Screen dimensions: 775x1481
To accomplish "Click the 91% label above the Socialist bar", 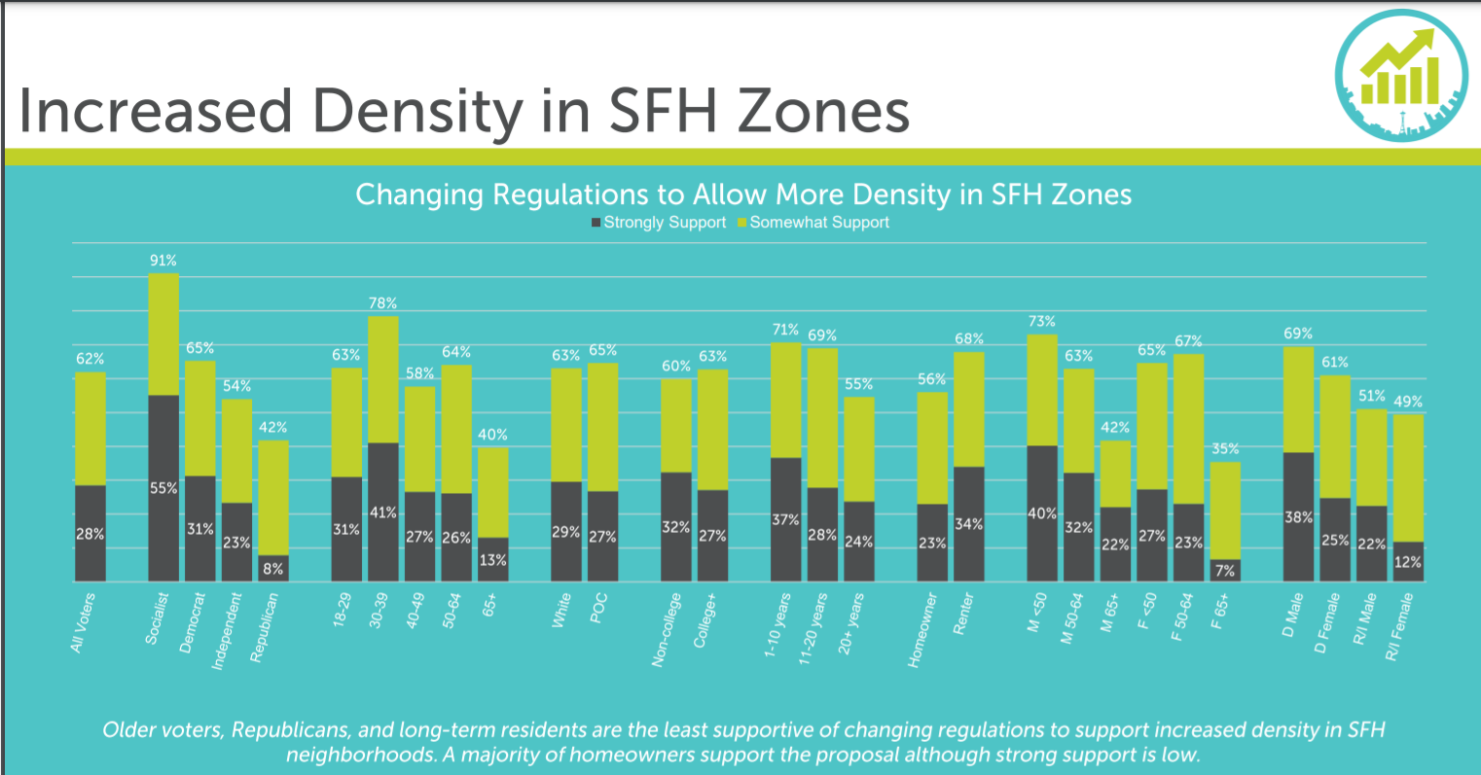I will [x=163, y=261].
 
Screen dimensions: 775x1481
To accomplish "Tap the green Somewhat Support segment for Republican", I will [x=273, y=497].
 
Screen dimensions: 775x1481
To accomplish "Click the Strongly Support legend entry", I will [x=659, y=223].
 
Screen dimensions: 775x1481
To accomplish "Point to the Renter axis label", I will [x=963, y=615].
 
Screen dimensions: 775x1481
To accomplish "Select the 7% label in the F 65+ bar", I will [x=1224, y=571].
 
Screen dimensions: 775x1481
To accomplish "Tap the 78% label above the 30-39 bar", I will [x=382, y=303].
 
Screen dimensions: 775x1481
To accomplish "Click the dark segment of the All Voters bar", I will [x=90, y=533].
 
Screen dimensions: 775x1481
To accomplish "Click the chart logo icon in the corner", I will [x=1400, y=77].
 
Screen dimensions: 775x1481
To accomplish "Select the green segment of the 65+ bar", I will [x=492, y=491].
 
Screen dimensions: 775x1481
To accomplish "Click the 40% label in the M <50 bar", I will [x=1042, y=512].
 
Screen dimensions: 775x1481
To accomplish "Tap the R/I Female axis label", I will [x=1400, y=628].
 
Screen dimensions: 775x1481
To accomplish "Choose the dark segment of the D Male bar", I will [x=1298, y=516].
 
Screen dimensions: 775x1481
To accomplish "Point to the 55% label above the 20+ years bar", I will [x=858, y=384].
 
